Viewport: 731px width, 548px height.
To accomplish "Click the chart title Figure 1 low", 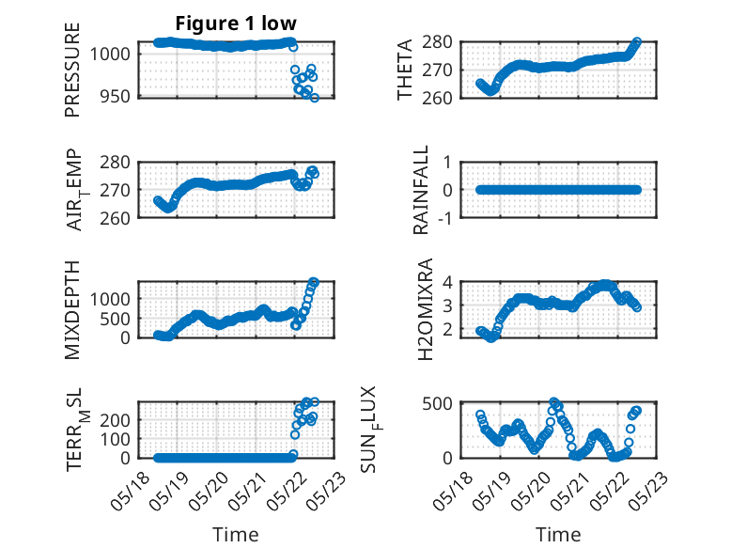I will click(x=237, y=23).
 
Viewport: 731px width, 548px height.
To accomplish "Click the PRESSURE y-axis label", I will click(x=72, y=69).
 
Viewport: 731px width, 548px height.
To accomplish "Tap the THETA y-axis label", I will click(x=405, y=69).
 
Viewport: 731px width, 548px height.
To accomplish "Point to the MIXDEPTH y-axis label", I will click(x=72, y=309).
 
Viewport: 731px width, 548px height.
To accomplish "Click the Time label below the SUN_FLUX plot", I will click(x=558, y=534).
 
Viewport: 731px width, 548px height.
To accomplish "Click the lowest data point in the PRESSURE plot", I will click(x=315, y=98).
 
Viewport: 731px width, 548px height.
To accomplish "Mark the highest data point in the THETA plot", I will click(x=637, y=42).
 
